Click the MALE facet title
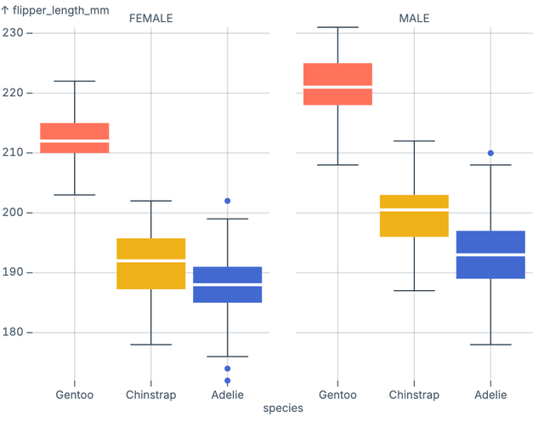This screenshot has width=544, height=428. tap(414, 19)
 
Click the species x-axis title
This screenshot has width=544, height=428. tap(282, 408)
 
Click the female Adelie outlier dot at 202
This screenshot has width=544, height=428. tap(228, 201)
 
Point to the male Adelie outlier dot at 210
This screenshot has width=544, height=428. tap(490, 153)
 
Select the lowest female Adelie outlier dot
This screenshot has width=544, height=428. tap(228, 380)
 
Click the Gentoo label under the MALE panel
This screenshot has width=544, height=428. tap(337, 395)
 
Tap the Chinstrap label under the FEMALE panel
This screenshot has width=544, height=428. tap(151, 395)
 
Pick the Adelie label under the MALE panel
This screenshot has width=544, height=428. tap(490, 395)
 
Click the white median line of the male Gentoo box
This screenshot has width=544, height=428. tap(337, 88)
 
